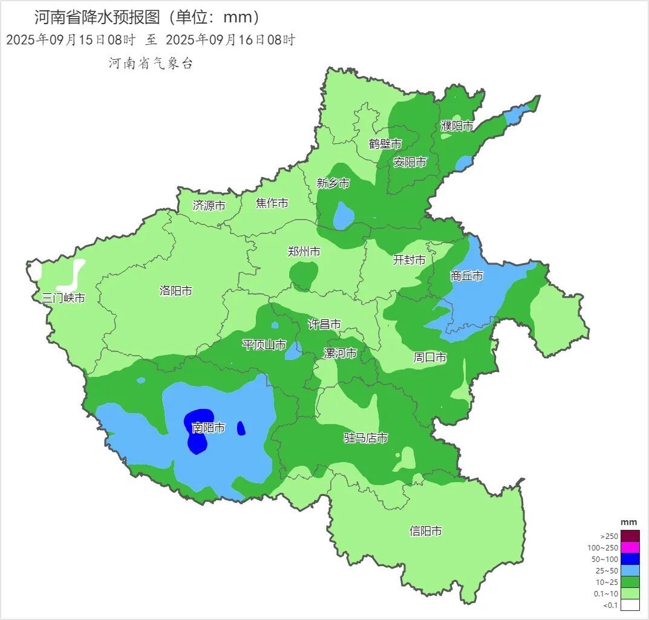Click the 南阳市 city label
tap(208, 428)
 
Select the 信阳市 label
tap(425, 531)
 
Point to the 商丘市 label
tap(466, 276)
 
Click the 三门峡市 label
tap(64, 298)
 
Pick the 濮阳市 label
tap(457, 126)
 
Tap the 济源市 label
tap(209, 206)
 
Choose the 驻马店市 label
tap(365, 438)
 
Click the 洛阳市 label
tap(175, 291)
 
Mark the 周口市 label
tap(429, 357)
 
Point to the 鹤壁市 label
tap(385, 144)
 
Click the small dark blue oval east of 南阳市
tap(241, 428)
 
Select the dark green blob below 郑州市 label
tap(302, 276)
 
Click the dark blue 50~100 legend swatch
tap(630, 559)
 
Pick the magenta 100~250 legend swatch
tap(630, 547)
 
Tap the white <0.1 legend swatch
tap(630, 605)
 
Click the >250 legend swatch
tap(630, 536)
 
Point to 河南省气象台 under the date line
tap(151, 64)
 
